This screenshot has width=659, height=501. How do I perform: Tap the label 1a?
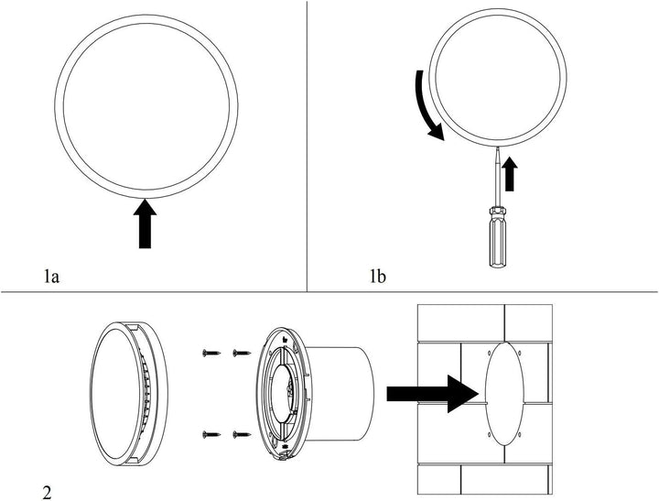[x=53, y=274]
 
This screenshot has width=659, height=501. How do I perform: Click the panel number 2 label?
[x=46, y=493]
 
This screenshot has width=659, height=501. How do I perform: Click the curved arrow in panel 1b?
[x=424, y=106]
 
